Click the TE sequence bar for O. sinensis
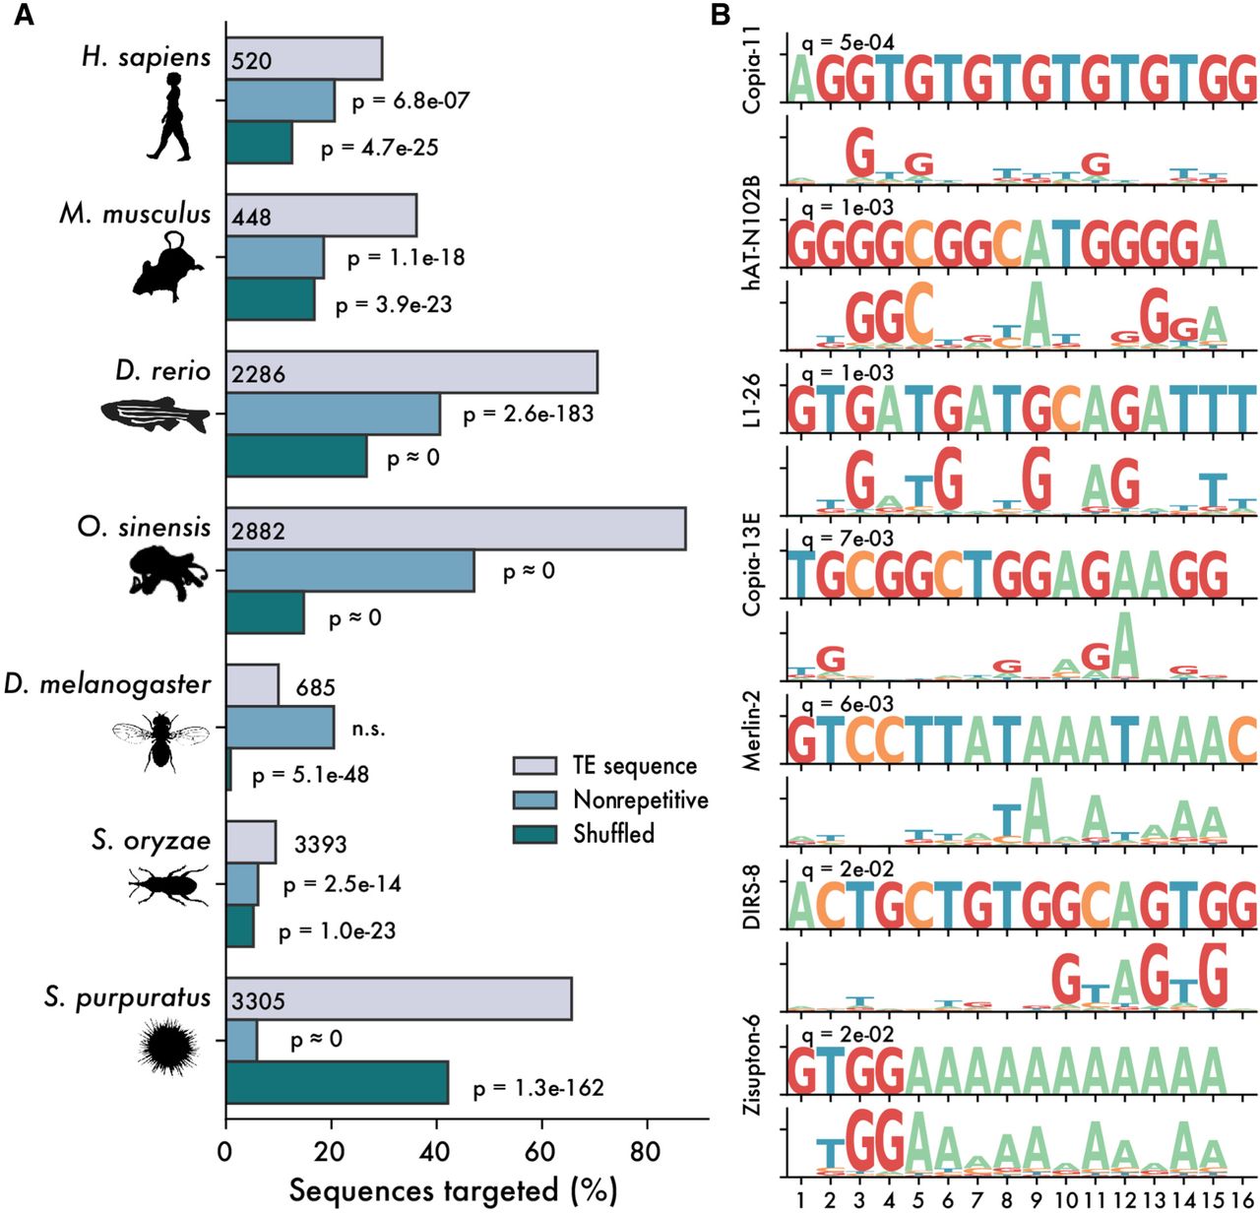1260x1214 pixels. point(456,529)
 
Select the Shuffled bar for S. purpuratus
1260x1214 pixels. point(337,1082)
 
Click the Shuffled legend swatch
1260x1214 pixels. point(535,834)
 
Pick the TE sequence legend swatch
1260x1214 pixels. point(535,766)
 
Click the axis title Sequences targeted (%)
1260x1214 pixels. point(453,1190)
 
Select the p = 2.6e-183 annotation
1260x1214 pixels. point(529,414)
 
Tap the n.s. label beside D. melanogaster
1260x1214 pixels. point(369,730)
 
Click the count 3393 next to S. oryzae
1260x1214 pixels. point(321,844)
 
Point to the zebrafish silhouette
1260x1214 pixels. point(156,415)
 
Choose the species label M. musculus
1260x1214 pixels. point(135,214)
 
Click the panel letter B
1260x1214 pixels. point(721,15)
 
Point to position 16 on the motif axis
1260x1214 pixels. point(1242,1200)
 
